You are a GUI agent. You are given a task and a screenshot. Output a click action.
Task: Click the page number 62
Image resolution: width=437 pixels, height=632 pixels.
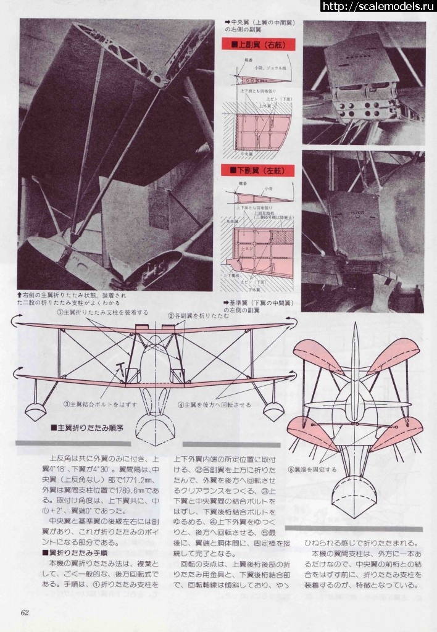click(25, 612)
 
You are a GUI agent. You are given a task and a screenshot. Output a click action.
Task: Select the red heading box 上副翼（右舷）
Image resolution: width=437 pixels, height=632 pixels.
click(259, 45)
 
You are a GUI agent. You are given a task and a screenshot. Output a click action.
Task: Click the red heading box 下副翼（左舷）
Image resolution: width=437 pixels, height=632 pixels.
click(259, 169)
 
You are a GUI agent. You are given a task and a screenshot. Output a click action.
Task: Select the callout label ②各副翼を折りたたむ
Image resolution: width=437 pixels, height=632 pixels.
click(199, 316)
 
